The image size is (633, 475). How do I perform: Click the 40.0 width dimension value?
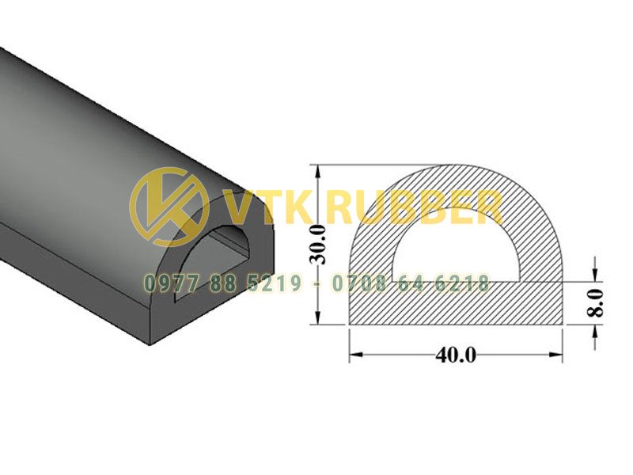(456, 355)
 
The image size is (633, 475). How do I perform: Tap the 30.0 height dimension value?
(319, 245)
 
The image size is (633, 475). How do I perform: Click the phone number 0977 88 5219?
(222, 283)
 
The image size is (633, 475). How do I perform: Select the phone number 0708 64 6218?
(411, 283)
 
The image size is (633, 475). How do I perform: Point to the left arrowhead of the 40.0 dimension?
(354, 355)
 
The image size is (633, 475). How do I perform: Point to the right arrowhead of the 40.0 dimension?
(557, 355)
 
